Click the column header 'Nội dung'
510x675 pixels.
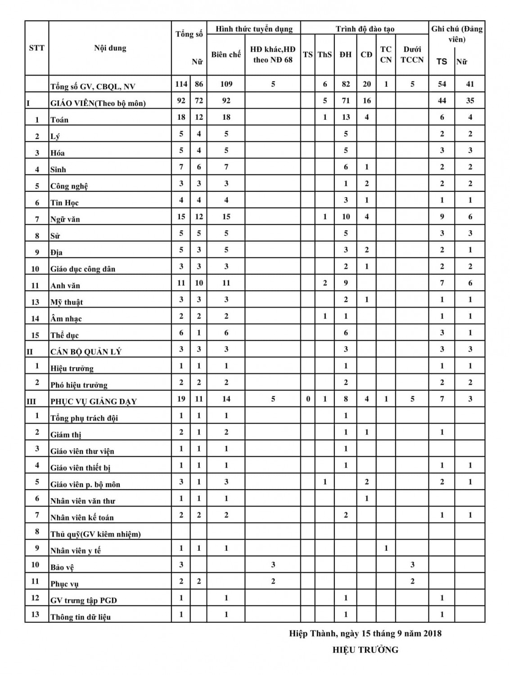tap(110, 48)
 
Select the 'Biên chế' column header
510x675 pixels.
tap(226, 54)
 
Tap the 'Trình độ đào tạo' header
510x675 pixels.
tap(365, 29)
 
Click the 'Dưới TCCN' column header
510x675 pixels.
tap(412, 54)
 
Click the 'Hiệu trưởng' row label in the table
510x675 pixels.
tap(72, 368)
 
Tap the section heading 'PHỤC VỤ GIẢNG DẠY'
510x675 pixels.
tap(94, 401)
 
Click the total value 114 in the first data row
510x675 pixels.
tap(181, 84)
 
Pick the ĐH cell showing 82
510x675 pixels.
tap(346, 84)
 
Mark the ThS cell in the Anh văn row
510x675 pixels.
tap(325, 283)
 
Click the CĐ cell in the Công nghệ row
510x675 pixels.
tap(366, 184)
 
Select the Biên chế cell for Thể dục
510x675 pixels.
tap(226, 333)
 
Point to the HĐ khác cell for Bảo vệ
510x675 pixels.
tap(273, 564)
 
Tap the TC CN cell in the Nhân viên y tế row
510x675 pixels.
tap(386, 548)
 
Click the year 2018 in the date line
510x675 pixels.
tap(431, 634)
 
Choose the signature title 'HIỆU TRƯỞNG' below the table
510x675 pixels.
tap(365, 649)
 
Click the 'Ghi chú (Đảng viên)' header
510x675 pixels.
tap(456, 34)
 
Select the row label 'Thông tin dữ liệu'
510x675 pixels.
tap(81, 616)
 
